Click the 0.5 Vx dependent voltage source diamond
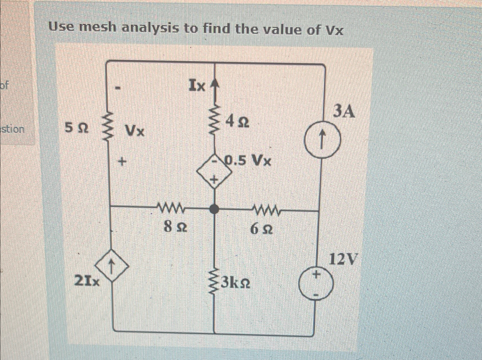(215, 171)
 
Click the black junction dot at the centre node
(214, 210)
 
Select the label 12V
(343, 259)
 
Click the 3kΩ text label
(236, 283)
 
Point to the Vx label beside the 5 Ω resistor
(135, 131)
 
